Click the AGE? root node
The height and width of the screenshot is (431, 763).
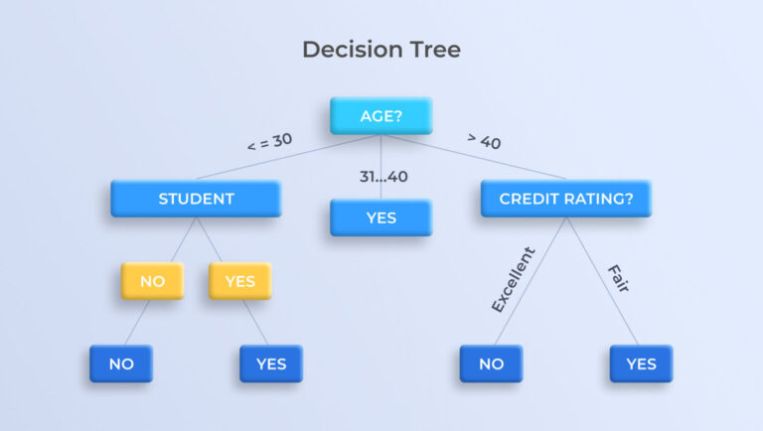click(x=381, y=116)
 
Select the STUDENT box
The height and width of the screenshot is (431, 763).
click(x=196, y=199)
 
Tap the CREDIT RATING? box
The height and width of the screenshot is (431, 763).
click(x=566, y=199)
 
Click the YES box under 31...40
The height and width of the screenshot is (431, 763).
click(x=381, y=217)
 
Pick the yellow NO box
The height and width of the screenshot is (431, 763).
click(x=152, y=281)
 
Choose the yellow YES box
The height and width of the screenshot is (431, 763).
click(x=239, y=281)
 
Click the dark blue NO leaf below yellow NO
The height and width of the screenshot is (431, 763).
click(x=121, y=363)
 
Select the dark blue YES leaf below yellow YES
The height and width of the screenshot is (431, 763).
click(x=271, y=363)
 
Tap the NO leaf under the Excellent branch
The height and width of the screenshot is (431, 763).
click(x=491, y=363)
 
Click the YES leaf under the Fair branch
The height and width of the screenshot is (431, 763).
click(x=642, y=363)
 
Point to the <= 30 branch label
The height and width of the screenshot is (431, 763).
click(x=269, y=142)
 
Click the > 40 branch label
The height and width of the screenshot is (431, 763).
click(x=484, y=141)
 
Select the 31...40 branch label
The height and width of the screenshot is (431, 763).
click(x=383, y=176)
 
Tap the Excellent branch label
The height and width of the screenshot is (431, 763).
click(x=513, y=280)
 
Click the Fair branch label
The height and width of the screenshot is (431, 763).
click(x=619, y=278)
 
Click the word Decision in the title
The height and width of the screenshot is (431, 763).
click(x=353, y=50)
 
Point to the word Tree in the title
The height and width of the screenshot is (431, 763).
click(x=435, y=50)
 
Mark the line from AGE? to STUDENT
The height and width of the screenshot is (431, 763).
click(x=287, y=157)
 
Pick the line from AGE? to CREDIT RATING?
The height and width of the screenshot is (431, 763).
click(x=475, y=157)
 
